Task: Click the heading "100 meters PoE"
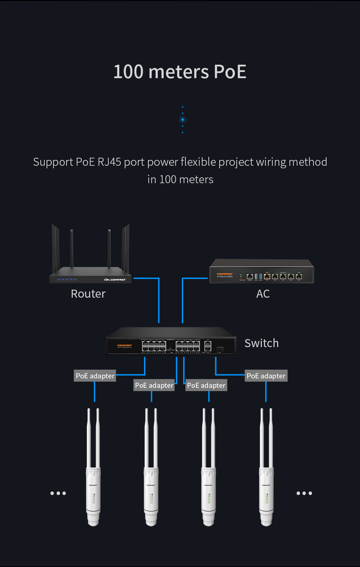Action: tap(180, 72)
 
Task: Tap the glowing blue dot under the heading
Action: tap(183, 120)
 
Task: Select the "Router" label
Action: tap(88, 294)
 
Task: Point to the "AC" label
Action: tap(263, 294)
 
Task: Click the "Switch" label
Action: tap(261, 343)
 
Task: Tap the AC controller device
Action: tap(261, 272)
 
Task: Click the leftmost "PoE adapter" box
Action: tap(95, 376)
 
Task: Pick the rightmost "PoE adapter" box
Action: tap(266, 376)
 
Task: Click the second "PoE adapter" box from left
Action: tap(154, 385)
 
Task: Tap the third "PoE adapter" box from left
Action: tap(206, 385)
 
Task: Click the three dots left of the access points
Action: tap(58, 493)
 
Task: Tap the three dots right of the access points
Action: tap(304, 493)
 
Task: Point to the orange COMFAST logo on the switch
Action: tap(124, 346)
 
